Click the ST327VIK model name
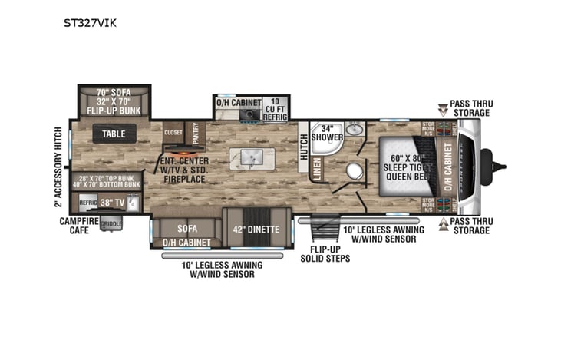[90, 23]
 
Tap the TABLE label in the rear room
[114, 134]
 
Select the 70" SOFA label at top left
[114, 93]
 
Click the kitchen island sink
[250, 158]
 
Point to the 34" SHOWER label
[327, 133]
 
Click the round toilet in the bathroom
[355, 170]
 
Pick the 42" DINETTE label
[252, 228]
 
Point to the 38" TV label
[113, 203]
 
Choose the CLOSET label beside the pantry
[173, 131]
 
